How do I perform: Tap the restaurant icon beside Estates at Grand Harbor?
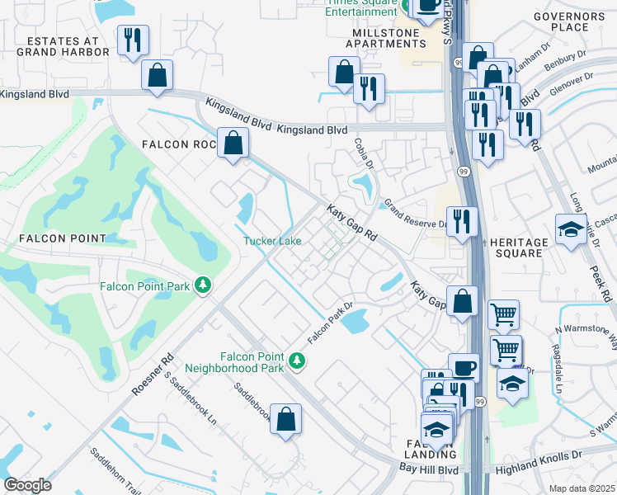pyautogui.click(x=132, y=40)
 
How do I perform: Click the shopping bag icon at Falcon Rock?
pyautogui.click(x=234, y=143)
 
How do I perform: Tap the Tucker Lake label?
pyautogui.click(x=271, y=241)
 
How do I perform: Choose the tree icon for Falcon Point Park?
pyautogui.click(x=203, y=286)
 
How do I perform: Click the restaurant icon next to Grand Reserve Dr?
pyautogui.click(x=462, y=221)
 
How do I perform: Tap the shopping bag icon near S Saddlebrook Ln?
pyautogui.click(x=285, y=419)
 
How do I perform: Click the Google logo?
pyautogui.click(x=27, y=485)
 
